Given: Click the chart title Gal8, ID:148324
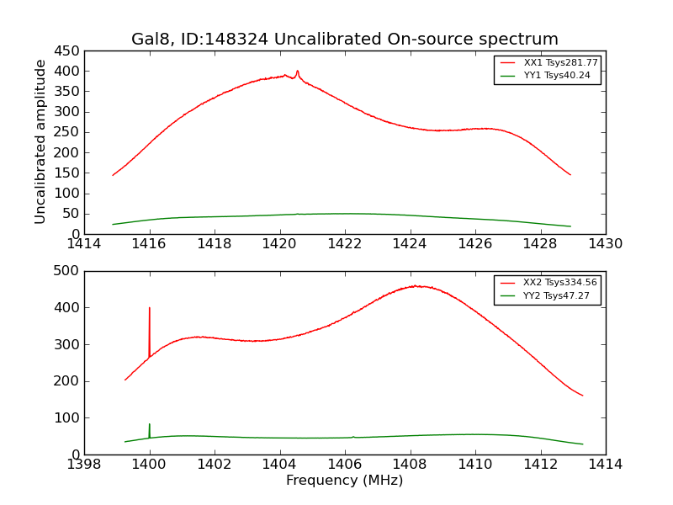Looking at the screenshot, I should click(x=344, y=40).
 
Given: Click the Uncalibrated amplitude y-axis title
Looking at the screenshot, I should click(x=40, y=141).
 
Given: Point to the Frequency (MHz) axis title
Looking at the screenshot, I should click(x=344, y=481).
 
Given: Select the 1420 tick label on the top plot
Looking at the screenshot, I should click(x=279, y=244).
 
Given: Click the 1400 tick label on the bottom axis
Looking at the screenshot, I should click(x=150, y=465).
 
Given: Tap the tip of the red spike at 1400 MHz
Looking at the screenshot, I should click(x=150, y=308).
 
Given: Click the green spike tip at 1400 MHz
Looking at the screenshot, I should click(x=150, y=424).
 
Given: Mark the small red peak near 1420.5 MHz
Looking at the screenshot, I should click(x=297, y=72).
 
